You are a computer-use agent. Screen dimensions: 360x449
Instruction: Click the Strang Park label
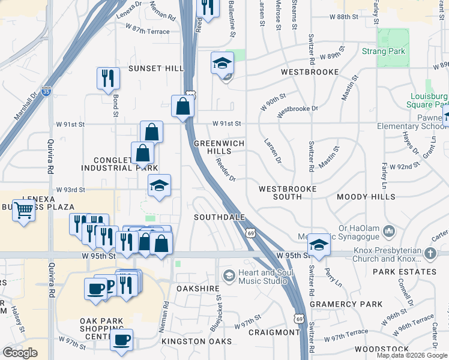pos(384,52)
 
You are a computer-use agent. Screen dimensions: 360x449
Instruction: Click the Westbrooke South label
pos(287,193)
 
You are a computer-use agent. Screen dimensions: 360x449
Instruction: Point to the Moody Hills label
pos(366,197)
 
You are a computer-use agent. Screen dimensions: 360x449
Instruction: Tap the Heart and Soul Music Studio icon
pos(229,275)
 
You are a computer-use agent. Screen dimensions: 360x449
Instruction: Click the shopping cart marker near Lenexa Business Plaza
pos(23,211)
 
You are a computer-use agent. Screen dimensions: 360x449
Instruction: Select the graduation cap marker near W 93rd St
pos(158,185)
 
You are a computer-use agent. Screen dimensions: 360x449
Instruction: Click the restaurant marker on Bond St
pos(108,78)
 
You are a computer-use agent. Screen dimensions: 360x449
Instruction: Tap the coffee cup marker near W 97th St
pos(121,340)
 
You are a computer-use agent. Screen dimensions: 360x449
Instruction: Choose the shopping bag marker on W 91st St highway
pos(182,106)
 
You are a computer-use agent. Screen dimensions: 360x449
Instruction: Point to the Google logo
pos(20,352)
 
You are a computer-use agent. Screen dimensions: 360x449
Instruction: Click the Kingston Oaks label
pos(196,341)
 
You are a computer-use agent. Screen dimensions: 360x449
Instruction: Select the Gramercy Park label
pos(346,305)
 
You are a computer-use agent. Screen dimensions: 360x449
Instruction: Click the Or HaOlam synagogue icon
pos(388,230)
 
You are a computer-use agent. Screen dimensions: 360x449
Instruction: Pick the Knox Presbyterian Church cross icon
pos(430,253)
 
